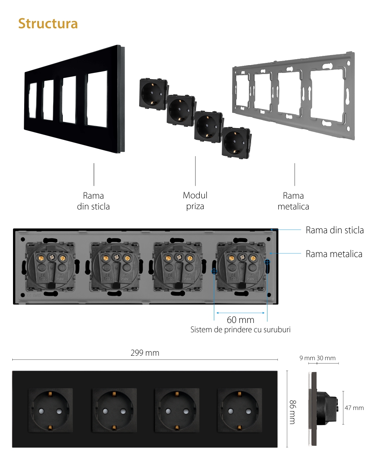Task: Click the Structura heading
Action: [x=48, y=24]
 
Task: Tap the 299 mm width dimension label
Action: [x=145, y=353]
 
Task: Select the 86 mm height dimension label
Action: [x=293, y=412]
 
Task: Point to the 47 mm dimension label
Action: [x=354, y=408]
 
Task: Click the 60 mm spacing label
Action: [x=240, y=320]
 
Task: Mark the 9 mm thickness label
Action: [x=307, y=358]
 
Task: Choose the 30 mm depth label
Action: [x=326, y=358]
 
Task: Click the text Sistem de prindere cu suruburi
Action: [x=240, y=330]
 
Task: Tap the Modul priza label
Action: [x=195, y=201]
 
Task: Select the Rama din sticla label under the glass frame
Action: [x=93, y=201]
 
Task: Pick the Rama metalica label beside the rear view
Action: [x=334, y=254]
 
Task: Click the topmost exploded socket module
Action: [x=153, y=94]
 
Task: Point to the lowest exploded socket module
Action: [x=236, y=143]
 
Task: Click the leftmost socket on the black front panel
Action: [x=51, y=410]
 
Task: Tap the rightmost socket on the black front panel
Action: [x=240, y=410]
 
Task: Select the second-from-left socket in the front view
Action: [x=115, y=410]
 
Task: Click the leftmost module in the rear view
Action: [x=50, y=266]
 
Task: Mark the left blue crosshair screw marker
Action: [x=214, y=271]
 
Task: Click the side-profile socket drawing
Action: [x=324, y=408]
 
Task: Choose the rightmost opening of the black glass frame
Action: [x=97, y=99]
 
